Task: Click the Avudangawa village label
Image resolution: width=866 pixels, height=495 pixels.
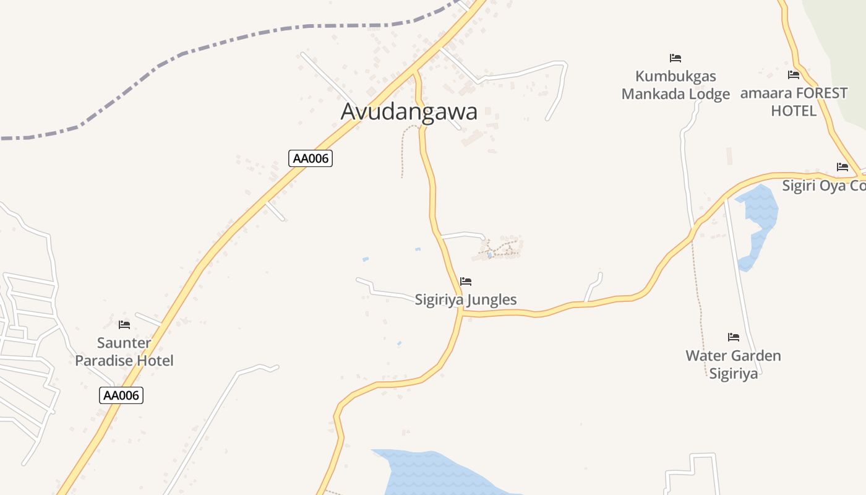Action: point(409,112)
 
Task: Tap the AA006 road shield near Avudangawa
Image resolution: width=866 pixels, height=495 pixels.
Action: point(311,158)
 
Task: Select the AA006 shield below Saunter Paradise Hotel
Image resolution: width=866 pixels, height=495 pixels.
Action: point(121,395)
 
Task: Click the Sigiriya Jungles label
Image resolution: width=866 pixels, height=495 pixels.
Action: point(466,300)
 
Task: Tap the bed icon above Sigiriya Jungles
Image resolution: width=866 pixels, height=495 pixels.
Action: point(466,282)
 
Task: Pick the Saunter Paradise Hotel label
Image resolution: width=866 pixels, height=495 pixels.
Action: point(124,351)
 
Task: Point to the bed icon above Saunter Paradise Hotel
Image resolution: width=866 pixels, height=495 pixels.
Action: point(124,325)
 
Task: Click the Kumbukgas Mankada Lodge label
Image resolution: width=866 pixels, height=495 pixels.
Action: point(675,85)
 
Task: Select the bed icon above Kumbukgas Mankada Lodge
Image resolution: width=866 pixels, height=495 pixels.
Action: point(675,58)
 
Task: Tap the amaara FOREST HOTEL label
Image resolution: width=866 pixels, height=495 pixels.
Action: point(794,102)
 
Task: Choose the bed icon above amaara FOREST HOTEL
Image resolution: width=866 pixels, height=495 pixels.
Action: point(794,75)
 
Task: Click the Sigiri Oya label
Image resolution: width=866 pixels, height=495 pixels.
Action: point(823,186)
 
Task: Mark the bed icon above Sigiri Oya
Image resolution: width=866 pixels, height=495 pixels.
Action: point(842,167)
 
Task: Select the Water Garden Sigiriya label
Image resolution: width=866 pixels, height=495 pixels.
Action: point(733,364)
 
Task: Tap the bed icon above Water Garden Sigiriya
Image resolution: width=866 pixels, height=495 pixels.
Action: point(734,337)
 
